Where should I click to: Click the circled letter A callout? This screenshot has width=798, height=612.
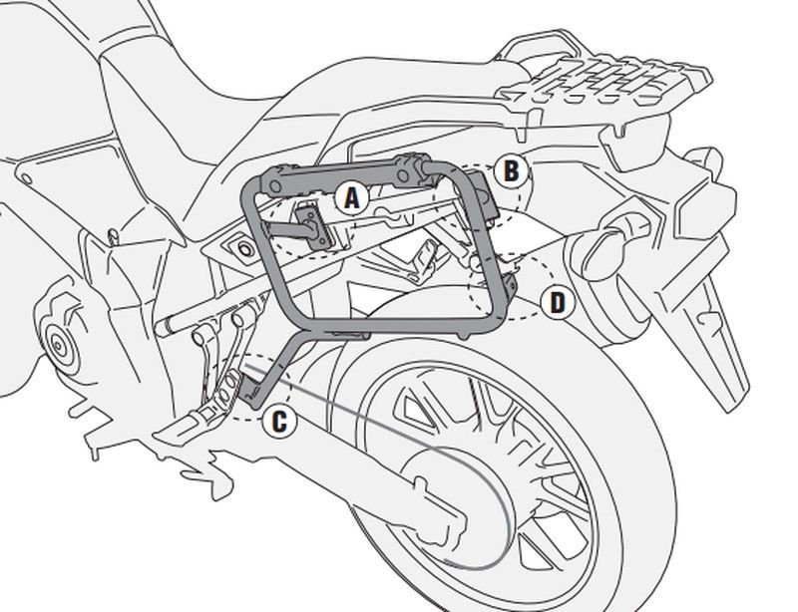350,199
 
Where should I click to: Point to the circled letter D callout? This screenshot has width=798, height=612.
557,302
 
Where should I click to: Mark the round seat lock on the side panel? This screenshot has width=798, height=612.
240,245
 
